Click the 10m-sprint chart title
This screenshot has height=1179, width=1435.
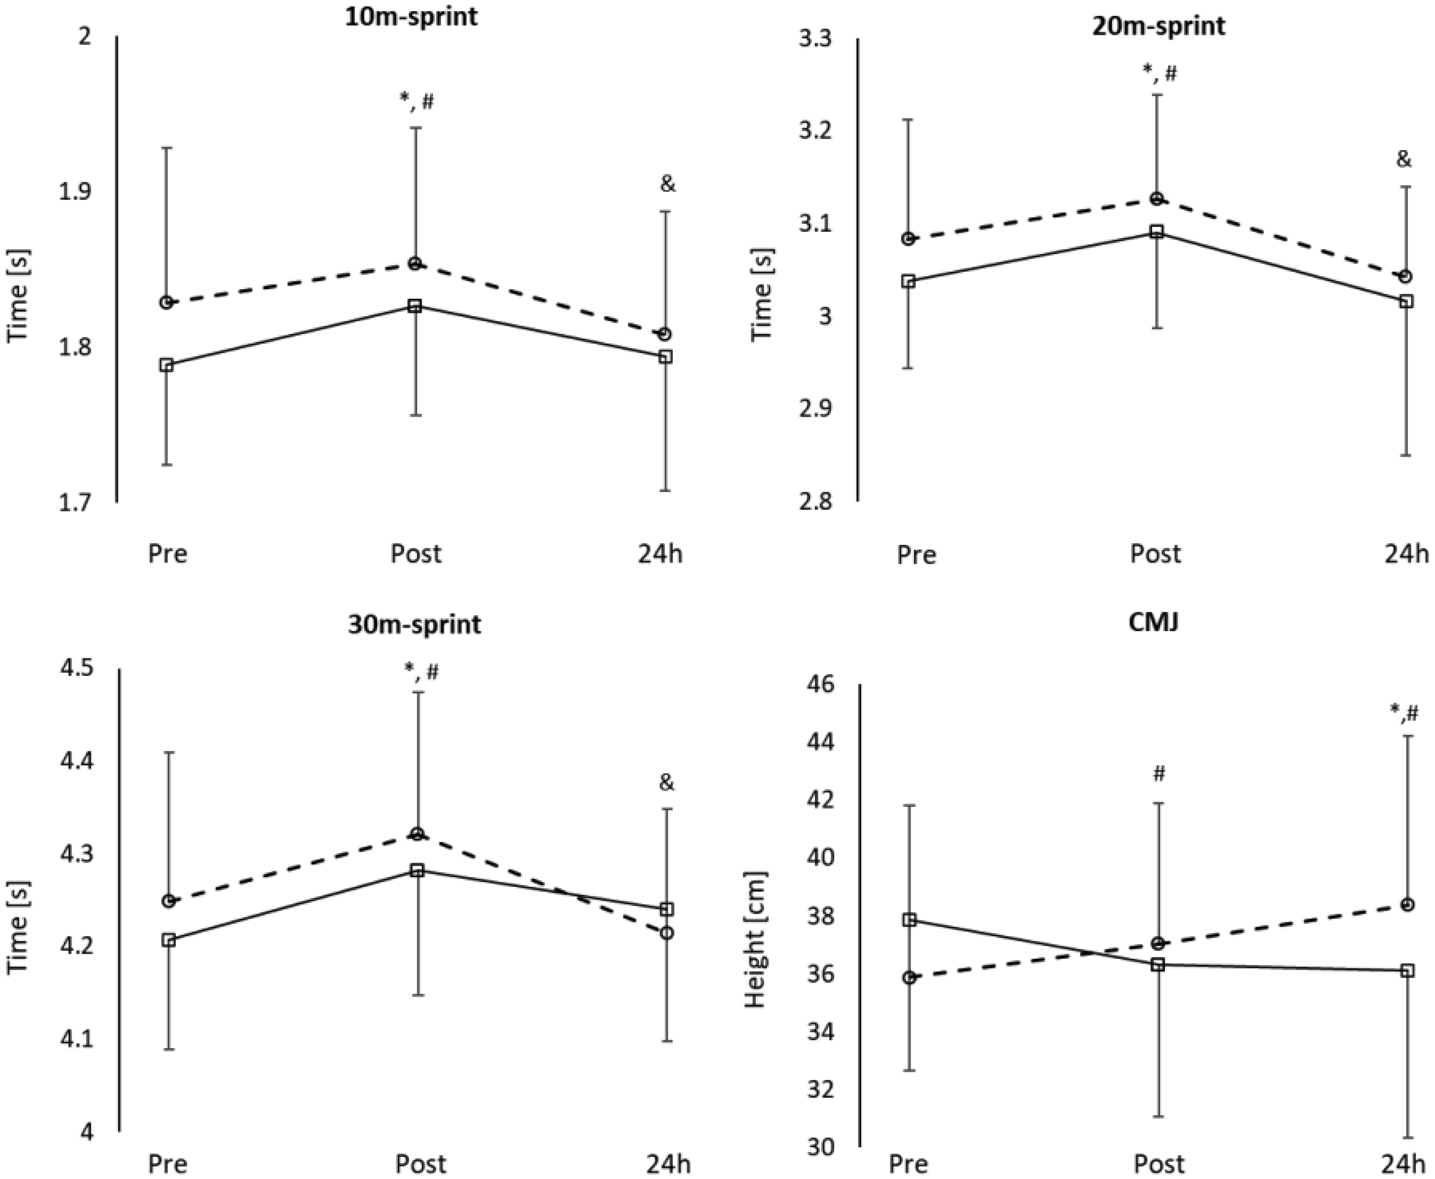[411, 16]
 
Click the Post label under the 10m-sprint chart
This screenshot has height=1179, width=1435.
[416, 554]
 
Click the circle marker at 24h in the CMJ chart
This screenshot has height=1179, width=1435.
[1408, 905]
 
